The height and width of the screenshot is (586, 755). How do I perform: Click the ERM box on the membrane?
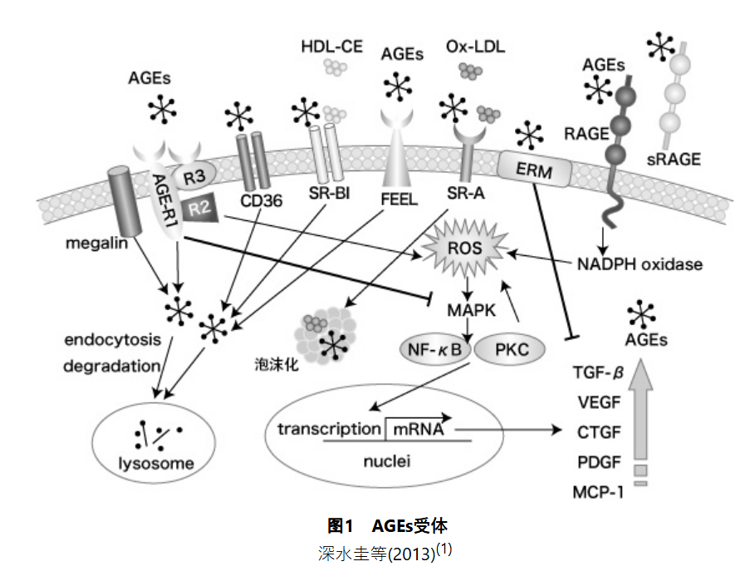(x=536, y=170)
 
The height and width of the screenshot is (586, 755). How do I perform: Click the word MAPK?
(x=471, y=309)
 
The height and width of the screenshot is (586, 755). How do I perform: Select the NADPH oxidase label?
(x=640, y=265)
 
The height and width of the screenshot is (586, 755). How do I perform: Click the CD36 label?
(x=257, y=200)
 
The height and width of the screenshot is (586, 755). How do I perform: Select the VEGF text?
(x=600, y=401)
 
